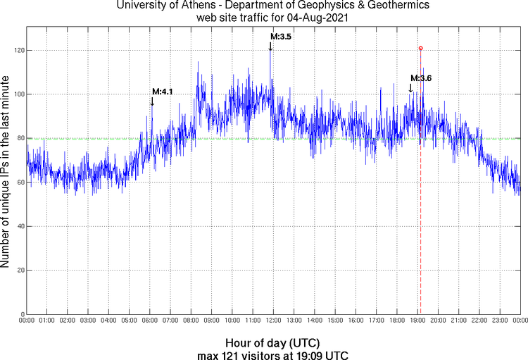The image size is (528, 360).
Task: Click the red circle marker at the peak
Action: coord(420,48)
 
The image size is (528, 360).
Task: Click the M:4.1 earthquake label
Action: coord(163,92)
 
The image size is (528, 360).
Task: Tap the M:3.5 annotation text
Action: coord(281,36)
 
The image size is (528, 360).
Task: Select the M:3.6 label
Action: coord(421,78)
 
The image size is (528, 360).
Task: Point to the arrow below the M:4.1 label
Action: coord(152,101)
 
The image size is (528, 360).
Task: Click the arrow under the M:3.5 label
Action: coord(270,46)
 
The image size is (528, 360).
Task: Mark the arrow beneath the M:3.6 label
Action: coord(411,88)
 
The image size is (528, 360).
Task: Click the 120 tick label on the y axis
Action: coord(16,51)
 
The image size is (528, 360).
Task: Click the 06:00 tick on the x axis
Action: coord(150,321)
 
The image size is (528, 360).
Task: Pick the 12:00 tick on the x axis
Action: coord(274,321)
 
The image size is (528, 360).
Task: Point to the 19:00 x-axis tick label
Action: coord(417,321)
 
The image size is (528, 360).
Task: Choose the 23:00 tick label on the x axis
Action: coord(500,321)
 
